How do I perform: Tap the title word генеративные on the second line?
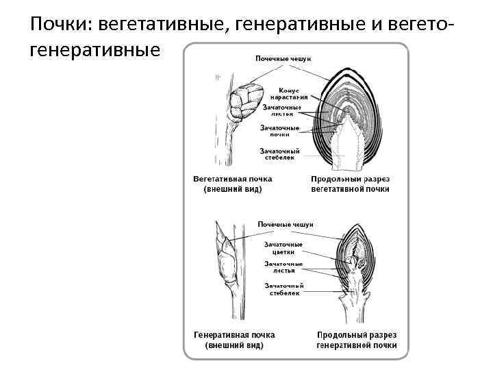click(95, 51)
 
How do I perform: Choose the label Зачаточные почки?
click(279, 130)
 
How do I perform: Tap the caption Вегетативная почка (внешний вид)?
click(233, 184)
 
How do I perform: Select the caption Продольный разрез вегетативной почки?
click(350, 184)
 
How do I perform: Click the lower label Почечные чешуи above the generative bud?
click(286, 224)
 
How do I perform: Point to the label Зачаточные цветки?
click(283, 247)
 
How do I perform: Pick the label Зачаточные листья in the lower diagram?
click(283, 267)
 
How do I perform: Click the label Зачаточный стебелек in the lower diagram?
click(283, 289)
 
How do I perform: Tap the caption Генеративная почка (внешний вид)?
click(234, 339)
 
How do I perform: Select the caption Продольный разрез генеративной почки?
click(356, 339)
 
